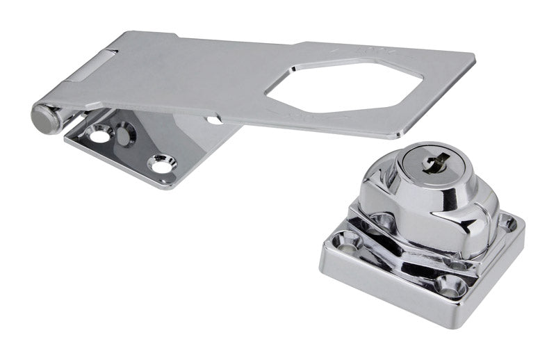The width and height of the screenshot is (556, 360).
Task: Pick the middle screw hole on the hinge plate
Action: click(126, 132)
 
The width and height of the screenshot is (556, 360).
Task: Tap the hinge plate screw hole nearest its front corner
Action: click(161, 165)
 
